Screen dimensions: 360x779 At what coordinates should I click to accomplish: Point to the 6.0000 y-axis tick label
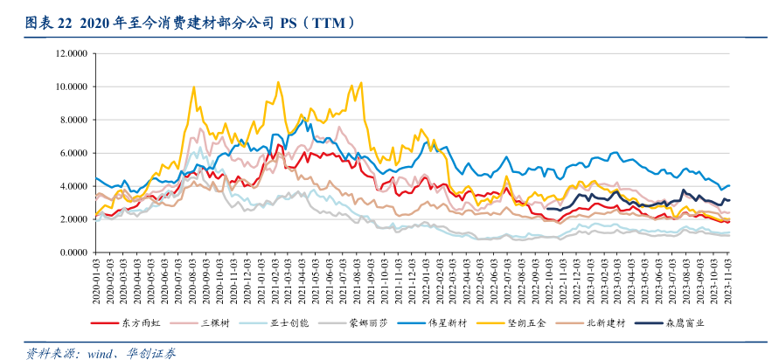(x=72, y=153)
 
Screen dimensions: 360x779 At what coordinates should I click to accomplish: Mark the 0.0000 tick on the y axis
(x=72, y=253)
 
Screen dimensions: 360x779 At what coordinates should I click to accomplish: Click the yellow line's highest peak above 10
(x=278, y=82)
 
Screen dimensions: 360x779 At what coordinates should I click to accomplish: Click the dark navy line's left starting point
(x=547, y=209)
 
